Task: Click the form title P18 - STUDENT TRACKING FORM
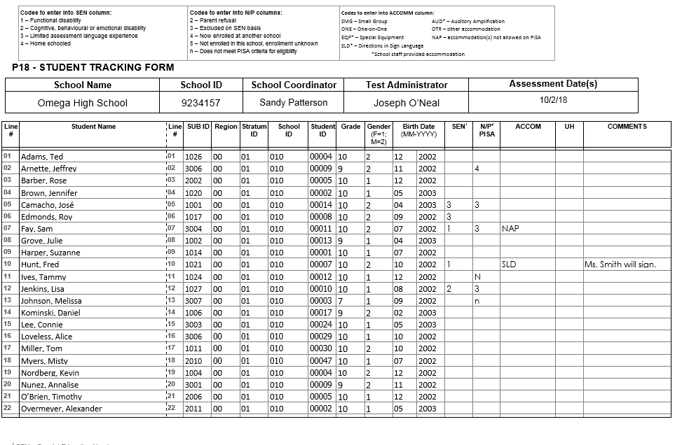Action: point(93,68)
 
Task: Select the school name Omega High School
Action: point(83,103)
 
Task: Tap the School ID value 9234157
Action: point(200,103)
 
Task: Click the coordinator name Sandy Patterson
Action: point(294,102)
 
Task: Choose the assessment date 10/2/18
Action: point(553,99)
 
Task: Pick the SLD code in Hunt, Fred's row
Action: point(509,264)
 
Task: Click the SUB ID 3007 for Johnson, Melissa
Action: point(193,301)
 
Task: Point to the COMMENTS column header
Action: point(627,127)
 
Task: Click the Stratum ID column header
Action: point(254,130)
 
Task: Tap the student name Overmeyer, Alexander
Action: point(61,409)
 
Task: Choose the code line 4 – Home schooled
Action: point(46,43)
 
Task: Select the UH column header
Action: point(568,127)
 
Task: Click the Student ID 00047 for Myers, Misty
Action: point(321,361)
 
